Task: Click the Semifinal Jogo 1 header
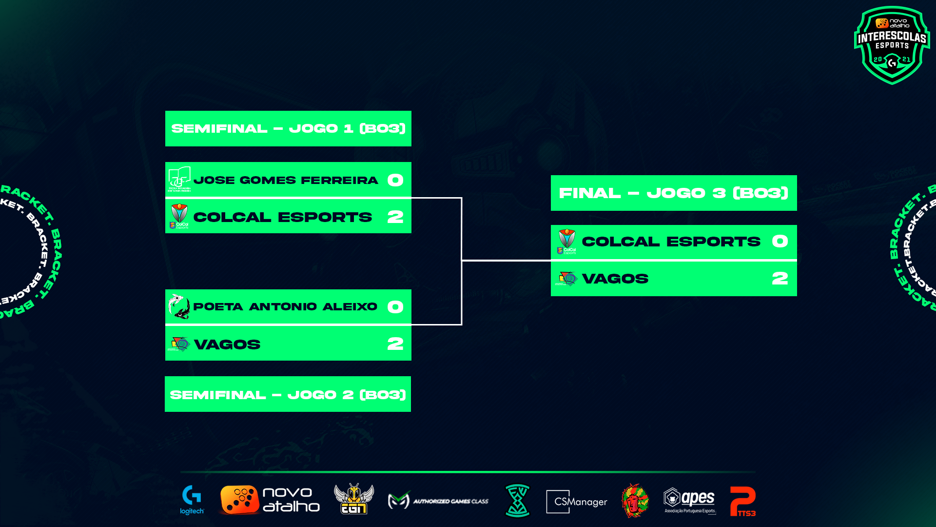click(x=288, y=128)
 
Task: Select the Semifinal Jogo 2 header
click(x=288, y=394)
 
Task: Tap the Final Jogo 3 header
click(x=674, y=193)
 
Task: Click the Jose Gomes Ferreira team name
click(x=286, y=180)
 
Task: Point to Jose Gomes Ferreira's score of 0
click(x=395, y=180)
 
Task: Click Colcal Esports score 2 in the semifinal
click(x=395, y=217)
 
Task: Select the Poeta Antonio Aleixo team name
click(x=285, y=306)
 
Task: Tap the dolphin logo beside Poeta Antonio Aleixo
click(x=179, y=306)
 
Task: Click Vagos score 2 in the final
click(x=780, y=279)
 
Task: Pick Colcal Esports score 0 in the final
click(x=780, y=242)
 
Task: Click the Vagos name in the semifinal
click(x=227, y=345)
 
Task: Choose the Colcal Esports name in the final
click(x=671, y=242)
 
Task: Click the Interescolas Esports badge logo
click(x=892, y=45)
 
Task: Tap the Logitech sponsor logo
click(x=192, y=500)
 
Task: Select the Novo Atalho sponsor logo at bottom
click(x=270, y=500)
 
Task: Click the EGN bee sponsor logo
click(x=354, y=499)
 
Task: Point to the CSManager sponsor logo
click(x=577, y=502)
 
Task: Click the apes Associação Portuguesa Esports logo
click(x=689, y=501)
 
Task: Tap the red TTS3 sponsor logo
click(x=742, y=501)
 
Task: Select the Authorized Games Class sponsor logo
click(x=438, y=501)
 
